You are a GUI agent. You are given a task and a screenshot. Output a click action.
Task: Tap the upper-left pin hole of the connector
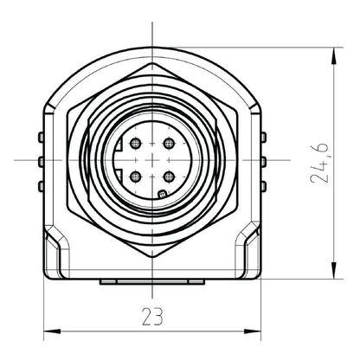coord(135,142)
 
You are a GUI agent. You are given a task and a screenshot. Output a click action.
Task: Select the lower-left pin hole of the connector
coord(135,177)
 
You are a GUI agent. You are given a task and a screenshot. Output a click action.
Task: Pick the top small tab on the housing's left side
coord(41,137)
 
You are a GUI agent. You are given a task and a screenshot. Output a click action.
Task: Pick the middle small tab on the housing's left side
coord(41,161)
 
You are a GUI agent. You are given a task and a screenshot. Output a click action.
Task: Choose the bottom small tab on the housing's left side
coord(41,186)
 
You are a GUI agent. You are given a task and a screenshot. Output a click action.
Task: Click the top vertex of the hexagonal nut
coord(151,62)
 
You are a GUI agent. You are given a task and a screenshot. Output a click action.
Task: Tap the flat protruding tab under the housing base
coord(151,282)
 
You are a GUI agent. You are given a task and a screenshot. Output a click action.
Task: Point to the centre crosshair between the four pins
coord(151,159)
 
